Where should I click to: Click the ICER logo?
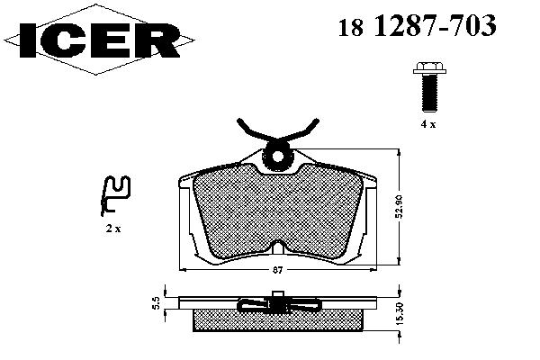[98, 40]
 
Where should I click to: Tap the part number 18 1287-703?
[417, 26]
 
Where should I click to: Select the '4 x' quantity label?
[428, 124]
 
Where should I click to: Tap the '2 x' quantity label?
[113, 228]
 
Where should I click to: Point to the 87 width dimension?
[277, 270]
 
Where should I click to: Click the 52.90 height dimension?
[400, 206]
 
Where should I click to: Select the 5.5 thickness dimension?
[157, 303]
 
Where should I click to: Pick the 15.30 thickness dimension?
[400, 313]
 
